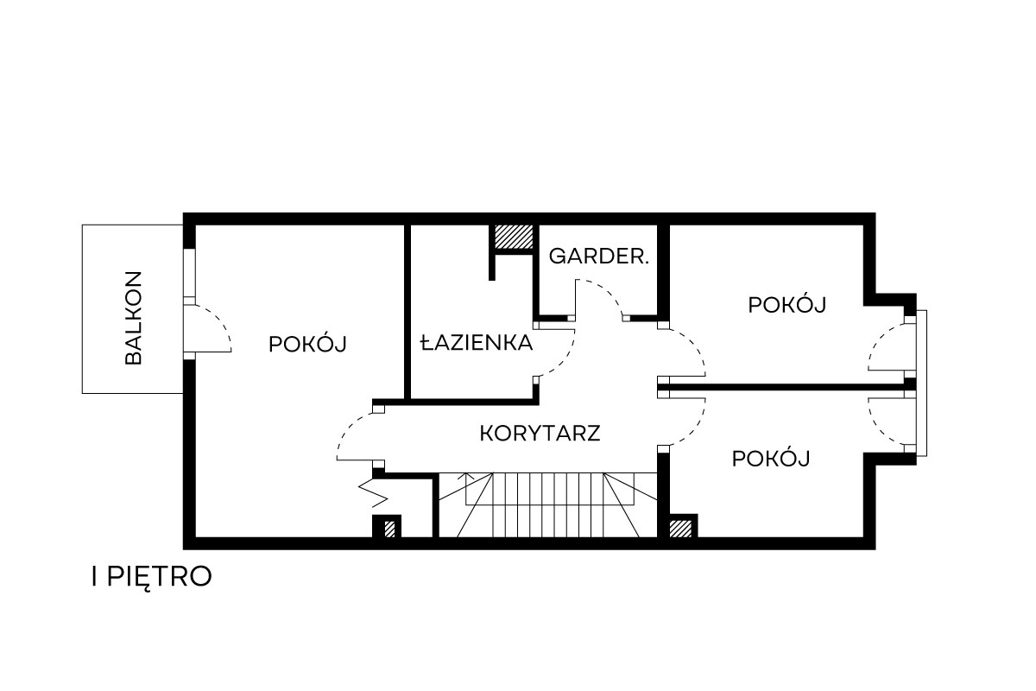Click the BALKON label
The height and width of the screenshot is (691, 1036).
(133, 318)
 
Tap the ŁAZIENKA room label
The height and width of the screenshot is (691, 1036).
(477, 343)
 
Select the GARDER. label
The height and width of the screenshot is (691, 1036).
(599, 257)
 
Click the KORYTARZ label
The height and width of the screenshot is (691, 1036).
(540, 434)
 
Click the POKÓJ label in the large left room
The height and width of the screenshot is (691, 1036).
(307, 344)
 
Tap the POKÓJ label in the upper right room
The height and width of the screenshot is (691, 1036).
(787, 304)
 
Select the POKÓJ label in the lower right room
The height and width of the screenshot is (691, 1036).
(771, 458)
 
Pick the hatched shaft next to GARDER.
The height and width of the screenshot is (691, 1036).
(514, 237)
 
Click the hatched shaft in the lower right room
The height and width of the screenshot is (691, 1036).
(680, 529)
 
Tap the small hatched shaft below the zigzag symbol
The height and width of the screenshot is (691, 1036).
(389, 529)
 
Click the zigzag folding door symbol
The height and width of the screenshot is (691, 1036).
(374, 493)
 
